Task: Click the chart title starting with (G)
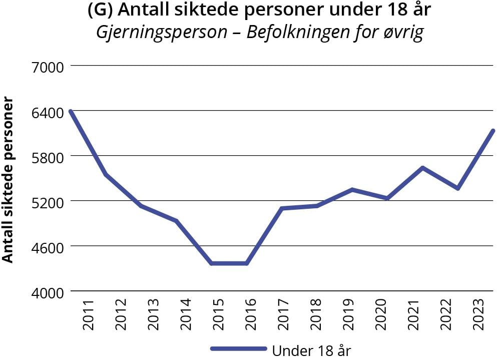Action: [259, 11]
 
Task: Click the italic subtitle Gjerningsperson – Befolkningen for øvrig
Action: [259, 33]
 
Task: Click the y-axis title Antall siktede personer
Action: [8, 180]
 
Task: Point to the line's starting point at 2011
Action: [71, 111]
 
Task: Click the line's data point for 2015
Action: [212, 263]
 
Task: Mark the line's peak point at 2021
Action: [422, 168]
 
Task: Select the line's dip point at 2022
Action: [457, 188]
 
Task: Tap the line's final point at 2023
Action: [493, 131]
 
